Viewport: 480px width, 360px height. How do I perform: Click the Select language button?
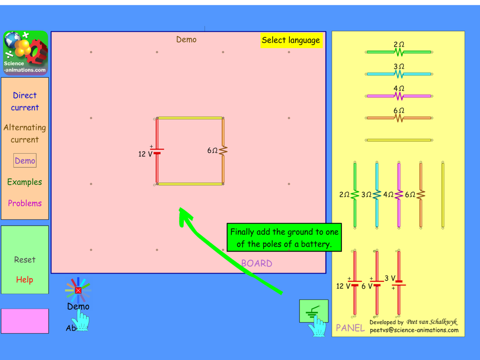pos(291,40)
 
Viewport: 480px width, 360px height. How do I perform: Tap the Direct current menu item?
pos(25,101)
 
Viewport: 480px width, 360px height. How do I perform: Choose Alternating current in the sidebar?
pos(25,133)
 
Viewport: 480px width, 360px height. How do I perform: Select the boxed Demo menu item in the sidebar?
pos(25,161)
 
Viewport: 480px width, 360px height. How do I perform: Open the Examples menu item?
pos(25,182)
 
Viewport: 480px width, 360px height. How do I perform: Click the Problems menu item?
pos(25,203)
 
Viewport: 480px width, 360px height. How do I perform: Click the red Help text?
pos(24,279)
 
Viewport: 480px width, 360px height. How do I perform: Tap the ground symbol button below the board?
pos(313,311)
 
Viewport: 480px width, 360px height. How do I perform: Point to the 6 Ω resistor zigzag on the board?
pos(223,151)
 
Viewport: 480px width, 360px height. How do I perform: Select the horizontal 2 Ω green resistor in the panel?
pos(398,52)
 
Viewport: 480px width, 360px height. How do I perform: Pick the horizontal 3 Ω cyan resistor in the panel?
pos(398,74)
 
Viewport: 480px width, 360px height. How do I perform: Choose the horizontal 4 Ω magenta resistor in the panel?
pos(398,96)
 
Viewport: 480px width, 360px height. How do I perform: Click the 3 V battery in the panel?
pos(398,283)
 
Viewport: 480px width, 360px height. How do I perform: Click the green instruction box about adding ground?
pos(284,238)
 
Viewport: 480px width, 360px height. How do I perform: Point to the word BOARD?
pos(256,264)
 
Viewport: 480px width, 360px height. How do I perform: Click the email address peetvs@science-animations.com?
pos(414,330)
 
